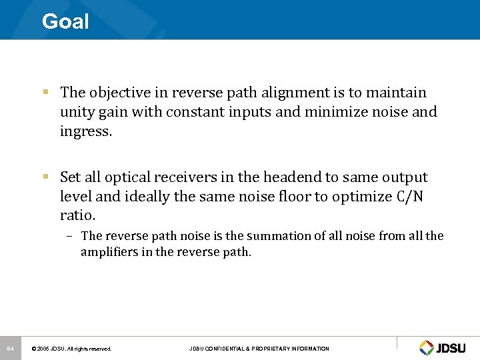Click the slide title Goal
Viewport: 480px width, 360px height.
(65, 21)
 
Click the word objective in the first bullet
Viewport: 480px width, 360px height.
(117, 93)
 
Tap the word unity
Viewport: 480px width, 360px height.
(77, 112)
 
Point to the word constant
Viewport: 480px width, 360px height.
(193, 112)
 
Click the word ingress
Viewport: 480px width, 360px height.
(86, 131)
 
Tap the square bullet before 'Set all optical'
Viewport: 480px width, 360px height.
(45, 177)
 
